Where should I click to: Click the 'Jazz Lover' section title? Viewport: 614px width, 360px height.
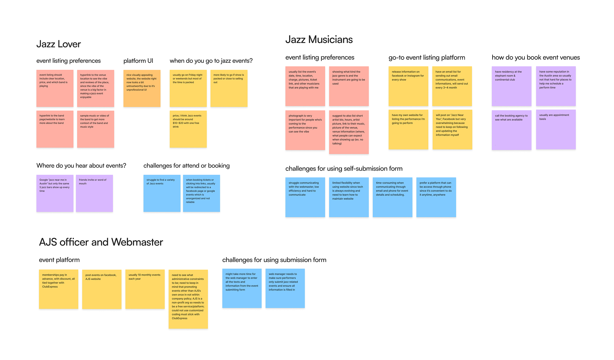point(59,44)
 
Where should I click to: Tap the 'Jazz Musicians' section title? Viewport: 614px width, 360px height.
point(319,40)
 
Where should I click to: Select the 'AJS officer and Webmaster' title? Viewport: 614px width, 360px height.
point(101,242)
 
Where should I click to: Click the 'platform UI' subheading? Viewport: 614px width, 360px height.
point(138,61)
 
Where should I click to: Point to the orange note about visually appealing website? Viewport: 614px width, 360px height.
point(142,88)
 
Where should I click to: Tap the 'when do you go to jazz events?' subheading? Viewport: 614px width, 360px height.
point(211,61)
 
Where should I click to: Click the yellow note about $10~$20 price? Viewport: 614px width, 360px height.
point(188,129)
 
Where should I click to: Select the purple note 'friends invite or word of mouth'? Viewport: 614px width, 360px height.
point(94,193)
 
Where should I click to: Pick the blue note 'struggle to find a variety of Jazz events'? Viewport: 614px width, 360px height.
point(162,193)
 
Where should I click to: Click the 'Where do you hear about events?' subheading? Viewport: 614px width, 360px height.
point(81,166)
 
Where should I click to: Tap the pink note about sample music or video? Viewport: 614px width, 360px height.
point(95,129)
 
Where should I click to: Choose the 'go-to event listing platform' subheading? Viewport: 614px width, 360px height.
point(427,58)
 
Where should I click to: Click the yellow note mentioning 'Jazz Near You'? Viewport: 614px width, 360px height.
point(452,130)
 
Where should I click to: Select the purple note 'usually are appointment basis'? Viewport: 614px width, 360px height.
point(556,130)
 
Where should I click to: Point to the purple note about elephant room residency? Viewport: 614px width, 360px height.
point(511,86)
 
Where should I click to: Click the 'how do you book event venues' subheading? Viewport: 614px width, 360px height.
point(536,58)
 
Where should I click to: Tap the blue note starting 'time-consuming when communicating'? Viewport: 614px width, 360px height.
point(392,197)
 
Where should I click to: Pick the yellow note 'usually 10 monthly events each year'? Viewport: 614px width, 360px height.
point(145,289)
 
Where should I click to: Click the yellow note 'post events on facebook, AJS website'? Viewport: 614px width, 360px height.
point(102,289)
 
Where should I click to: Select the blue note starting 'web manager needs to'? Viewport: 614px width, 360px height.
point(285,288)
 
